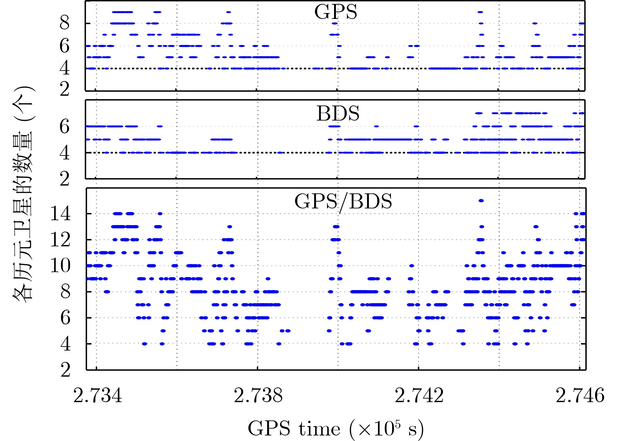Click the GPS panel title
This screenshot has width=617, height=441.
336,12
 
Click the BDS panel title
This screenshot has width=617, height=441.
338,114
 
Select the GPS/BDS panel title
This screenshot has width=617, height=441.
343,202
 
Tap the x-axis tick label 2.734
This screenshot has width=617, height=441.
98,396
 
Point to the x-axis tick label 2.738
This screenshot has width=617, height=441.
258,396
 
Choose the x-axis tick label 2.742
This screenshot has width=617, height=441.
419,396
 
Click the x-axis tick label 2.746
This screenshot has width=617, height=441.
580,396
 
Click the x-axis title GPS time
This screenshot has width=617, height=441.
336,429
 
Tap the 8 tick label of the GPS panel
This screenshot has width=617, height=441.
65,24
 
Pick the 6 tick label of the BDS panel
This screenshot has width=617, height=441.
65,126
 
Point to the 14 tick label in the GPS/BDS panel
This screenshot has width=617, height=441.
60,214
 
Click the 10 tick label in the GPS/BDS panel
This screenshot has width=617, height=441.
60,266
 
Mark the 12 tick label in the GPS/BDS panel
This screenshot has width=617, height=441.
60,240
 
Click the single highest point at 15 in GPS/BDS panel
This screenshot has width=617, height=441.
481,201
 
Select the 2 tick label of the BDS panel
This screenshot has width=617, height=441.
65,179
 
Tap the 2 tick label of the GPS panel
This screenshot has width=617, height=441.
65,89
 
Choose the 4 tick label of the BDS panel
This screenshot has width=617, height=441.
65,153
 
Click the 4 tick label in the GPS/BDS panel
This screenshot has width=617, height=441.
65,344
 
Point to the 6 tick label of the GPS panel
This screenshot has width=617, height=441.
65,46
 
